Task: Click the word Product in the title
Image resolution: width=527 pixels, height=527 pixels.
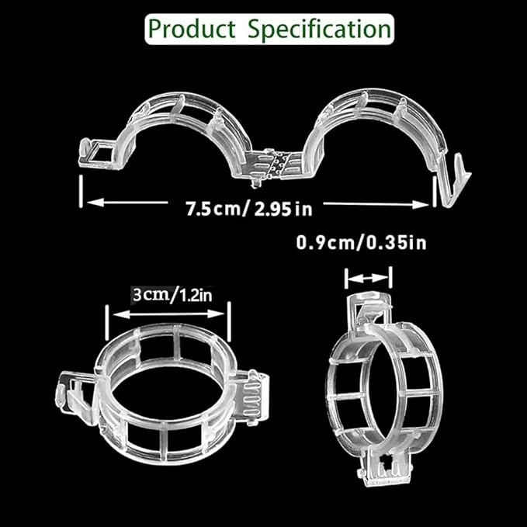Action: (x=192, y=29)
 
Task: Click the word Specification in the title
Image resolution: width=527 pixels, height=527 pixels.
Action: (x=320, y=29)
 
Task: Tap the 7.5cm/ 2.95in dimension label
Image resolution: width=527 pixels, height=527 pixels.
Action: (x=249, y=209)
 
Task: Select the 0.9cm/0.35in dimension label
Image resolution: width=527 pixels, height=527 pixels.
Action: (x=362, y=243)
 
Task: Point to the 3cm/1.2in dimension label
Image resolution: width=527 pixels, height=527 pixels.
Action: (x=172, y=295)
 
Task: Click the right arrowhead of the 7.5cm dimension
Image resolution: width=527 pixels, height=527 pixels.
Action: (x=421, y=204)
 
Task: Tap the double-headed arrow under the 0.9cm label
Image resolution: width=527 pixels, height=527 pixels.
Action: (x=369, y=279)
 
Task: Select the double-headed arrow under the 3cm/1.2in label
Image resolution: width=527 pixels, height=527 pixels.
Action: (x=168, y=314)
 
